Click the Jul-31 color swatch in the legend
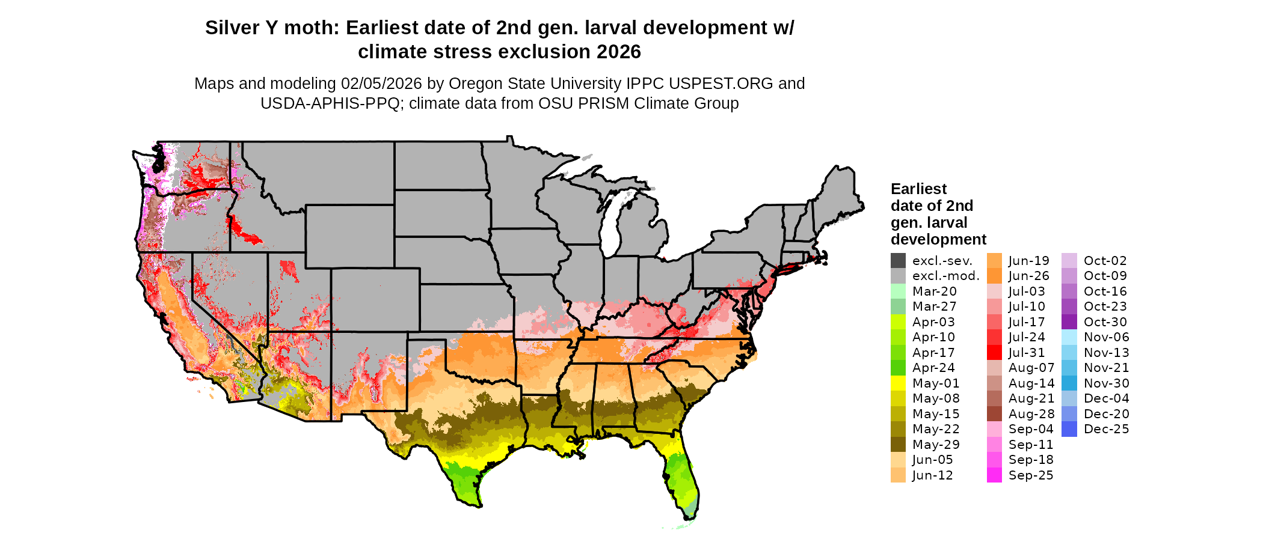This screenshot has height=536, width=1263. pos(994,353)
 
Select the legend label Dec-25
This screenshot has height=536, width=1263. pos(1106,429)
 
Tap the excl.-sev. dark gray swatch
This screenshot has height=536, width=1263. pos(898,261)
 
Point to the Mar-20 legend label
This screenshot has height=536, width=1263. pos(934,291)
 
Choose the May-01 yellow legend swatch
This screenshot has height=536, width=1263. pos(898,383)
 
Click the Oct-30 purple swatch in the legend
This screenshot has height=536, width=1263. pos(1069,322)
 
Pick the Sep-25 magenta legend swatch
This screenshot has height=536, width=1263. pos(994,475)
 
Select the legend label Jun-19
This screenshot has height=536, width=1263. pos(1028,261)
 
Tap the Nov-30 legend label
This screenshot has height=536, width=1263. pos(1106,383)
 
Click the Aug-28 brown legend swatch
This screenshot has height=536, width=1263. pos(994,414)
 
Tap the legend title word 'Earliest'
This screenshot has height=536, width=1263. pos(918,189)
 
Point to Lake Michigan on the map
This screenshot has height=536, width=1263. pos(612,222)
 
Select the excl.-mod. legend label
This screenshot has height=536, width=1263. pos(945,276)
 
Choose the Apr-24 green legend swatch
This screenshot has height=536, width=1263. pos(898,368)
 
